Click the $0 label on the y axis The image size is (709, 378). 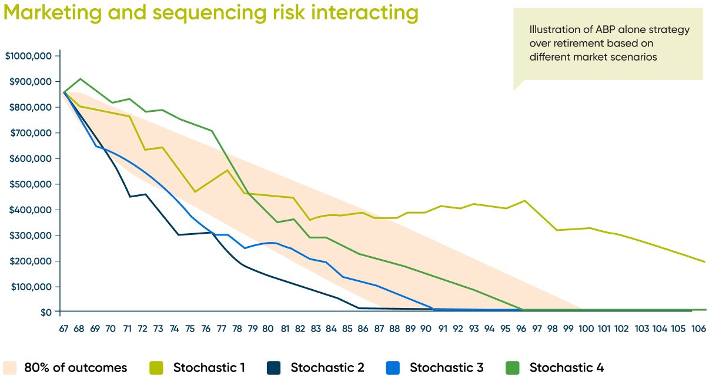pyautogui.click(x=45, y=312)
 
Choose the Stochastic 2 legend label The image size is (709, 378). pyautogui.click(x=327, y=368)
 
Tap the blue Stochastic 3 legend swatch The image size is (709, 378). pyautogui.click(x=393, y=368)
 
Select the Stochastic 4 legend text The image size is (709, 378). pyautogui.click(x=566, y=368)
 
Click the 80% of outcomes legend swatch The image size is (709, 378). pyautogui.click(x=9, y=368)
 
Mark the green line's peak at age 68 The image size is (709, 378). pyautogui.click(x=80, y=78)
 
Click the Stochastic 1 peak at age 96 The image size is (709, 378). pyautogui.click(x=524, y=201)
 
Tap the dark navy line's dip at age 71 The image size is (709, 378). pyautogui.click(x=130, y=197)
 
